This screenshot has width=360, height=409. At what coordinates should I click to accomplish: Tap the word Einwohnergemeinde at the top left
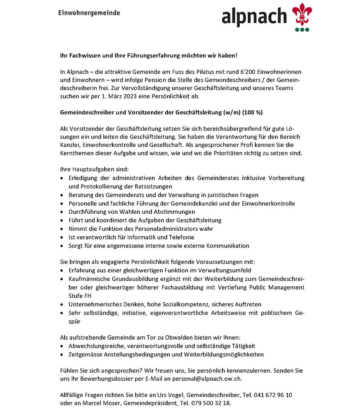coord(89,13)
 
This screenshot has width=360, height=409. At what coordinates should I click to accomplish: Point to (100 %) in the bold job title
coord(253,113)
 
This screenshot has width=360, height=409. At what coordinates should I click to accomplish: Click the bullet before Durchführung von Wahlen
coord(61,212)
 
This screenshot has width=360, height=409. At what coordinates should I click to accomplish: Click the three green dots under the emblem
coord(302,29)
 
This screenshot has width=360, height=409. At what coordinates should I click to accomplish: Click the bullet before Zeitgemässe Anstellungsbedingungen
coord(61,354)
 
